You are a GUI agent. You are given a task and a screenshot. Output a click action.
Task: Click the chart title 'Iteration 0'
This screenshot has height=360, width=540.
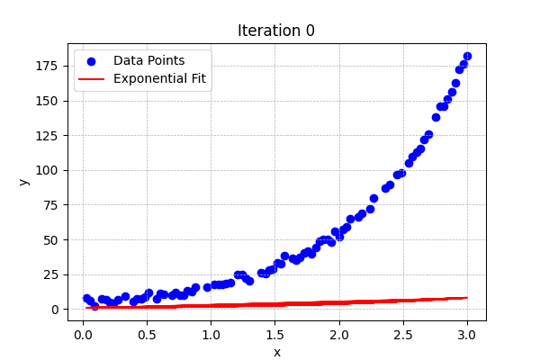click(276, 31)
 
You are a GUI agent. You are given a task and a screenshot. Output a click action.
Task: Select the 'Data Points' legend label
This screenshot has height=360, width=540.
click(148, 60)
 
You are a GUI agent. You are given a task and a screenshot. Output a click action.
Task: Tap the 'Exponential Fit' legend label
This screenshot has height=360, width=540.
click(159, 79)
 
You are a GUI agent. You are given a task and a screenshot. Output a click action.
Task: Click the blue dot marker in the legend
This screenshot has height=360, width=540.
click(91, 61)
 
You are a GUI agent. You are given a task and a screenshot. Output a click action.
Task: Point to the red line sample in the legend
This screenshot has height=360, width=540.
click(91, 79)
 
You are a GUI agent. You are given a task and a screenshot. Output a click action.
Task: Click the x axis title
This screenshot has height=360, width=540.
click(276, 352)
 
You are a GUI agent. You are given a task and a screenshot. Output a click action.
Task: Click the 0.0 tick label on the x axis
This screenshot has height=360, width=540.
click(83, 335)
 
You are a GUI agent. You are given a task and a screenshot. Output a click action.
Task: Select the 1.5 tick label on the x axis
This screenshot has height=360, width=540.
click(275, 335)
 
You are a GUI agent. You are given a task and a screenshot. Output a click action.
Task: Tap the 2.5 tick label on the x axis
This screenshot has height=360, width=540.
click(403, 335)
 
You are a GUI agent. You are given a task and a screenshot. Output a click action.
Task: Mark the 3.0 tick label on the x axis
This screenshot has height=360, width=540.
click(467, 335)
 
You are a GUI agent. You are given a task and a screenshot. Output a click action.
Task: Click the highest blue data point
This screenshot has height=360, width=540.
click(467, 56)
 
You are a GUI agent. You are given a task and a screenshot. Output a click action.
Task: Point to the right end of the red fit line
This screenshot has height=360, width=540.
click(466, 298)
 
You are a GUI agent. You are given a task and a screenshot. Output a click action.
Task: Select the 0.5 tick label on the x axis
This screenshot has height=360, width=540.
click(147, 335)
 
